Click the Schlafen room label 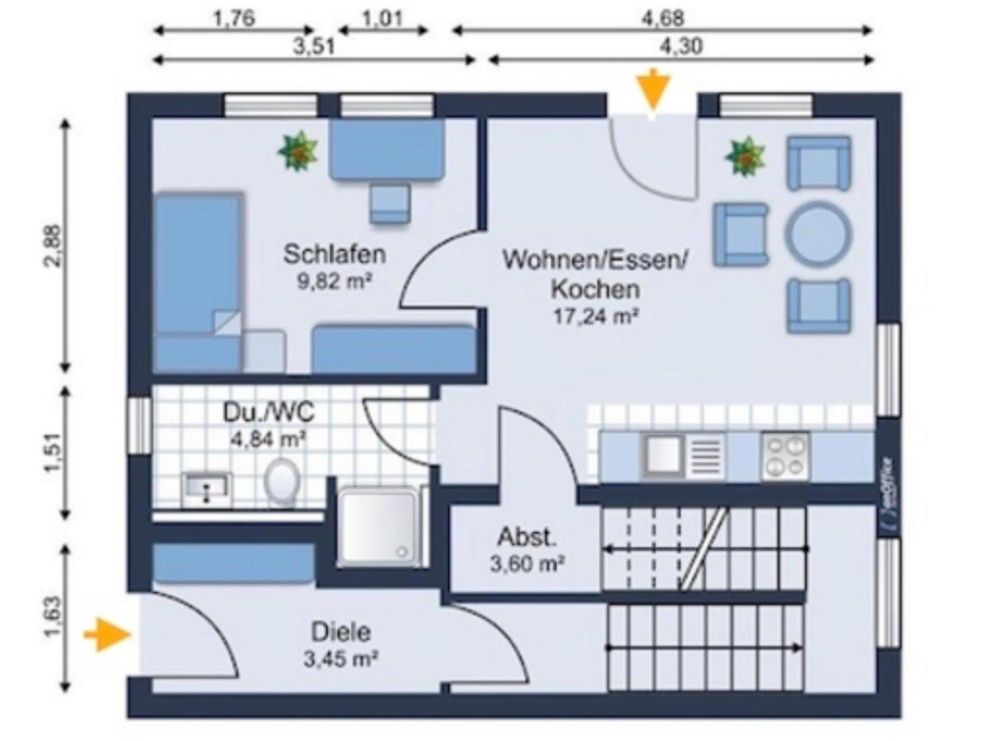(334, 254)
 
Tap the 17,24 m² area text (596, 316)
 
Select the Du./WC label (268, 413)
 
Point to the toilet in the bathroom (281, 481)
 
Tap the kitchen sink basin (662, 454)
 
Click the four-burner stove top (785, 456)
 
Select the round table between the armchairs (818, 234)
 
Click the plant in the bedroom (298, 150)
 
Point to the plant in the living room (745, 156)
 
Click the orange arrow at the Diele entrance (108, 635)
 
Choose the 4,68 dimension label (662, 19)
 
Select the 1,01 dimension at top (382, 19)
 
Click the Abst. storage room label (527, 538)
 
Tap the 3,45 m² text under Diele (341, 659)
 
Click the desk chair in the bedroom (391, 204)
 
